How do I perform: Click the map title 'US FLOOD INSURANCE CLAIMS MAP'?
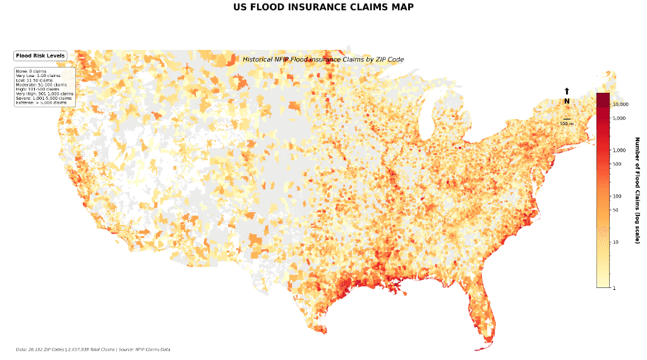(323, 8)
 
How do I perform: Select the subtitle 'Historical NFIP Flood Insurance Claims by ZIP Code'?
(323, 59)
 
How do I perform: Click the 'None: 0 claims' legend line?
(31, 71)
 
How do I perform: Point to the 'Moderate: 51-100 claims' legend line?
(41, 85)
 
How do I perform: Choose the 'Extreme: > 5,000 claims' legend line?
(41, 102)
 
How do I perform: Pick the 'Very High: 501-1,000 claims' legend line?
(44, 93)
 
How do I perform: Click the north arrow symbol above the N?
(567, 92)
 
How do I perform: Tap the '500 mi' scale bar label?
(567, 124)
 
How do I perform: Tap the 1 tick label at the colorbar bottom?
(615, 288)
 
